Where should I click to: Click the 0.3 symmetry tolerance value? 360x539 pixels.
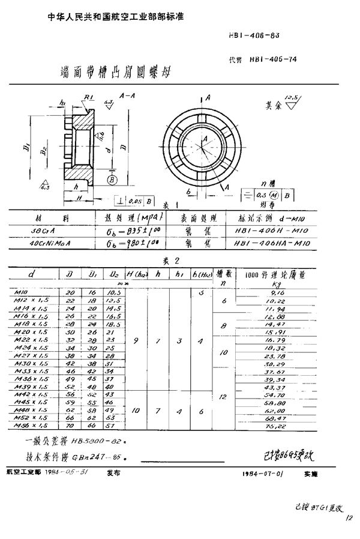click(260, 196)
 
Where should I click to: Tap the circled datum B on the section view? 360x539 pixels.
click(111, 179)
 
